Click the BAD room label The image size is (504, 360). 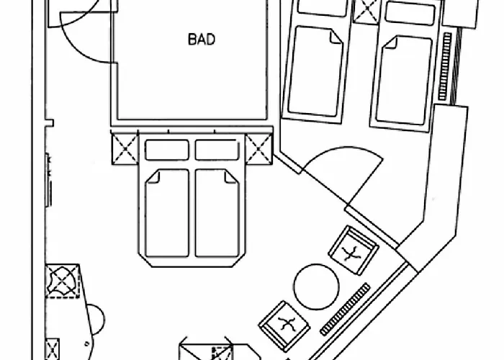(x=201, y=40)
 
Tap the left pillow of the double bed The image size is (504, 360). (x=166, y=150)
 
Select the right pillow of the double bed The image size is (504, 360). (x=217, y=150)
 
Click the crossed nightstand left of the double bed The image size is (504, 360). (x=125, y=149)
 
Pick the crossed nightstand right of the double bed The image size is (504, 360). (x=258, y=149)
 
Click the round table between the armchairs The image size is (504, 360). (x=316, y=287)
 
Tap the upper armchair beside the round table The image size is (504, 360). (x=354, y=250)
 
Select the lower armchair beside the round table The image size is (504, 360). (x=284, y=325)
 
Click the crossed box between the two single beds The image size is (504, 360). (x=366, y=12)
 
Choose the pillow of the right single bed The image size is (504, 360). (x=410, y=13)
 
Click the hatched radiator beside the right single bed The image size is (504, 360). (x=445, y=66)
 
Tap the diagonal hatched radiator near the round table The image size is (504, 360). (x=345, y=309)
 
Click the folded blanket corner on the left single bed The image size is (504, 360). (x=336, y=37)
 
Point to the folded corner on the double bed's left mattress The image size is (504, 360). (x=153, y=177)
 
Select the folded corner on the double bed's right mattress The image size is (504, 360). (x=231, y=176)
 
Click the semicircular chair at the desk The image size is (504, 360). (x=96, y=320)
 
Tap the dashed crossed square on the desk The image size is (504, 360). (x=63, y=282)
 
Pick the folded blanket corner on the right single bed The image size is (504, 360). (x=390, y=42)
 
